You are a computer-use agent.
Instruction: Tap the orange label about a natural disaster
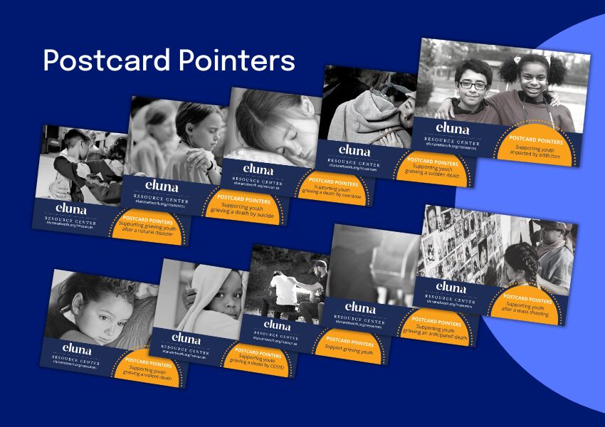(147, 226)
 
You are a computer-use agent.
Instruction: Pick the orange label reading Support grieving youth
(349, 348)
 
